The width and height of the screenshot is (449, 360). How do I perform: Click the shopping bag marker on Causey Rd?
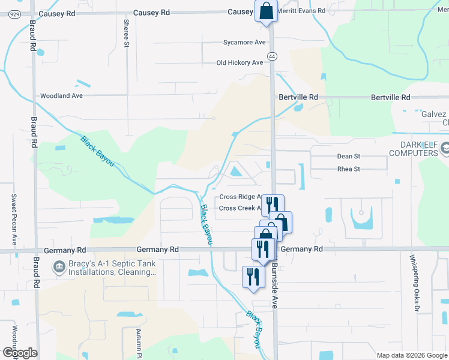[x=265, y=11]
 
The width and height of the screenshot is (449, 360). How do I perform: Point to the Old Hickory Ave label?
[x=240, y=63]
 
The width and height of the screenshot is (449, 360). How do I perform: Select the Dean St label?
[x=348, y=156]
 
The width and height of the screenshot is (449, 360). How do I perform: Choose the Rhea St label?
[x=348, y=169]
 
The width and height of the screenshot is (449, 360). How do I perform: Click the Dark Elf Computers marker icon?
[x=445, y=148]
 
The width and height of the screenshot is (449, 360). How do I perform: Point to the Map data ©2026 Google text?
[x=411, y=355]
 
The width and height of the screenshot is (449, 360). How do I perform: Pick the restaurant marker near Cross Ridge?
[x=272, y=205]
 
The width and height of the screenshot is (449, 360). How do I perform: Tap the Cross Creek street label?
[x=240, y=208]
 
